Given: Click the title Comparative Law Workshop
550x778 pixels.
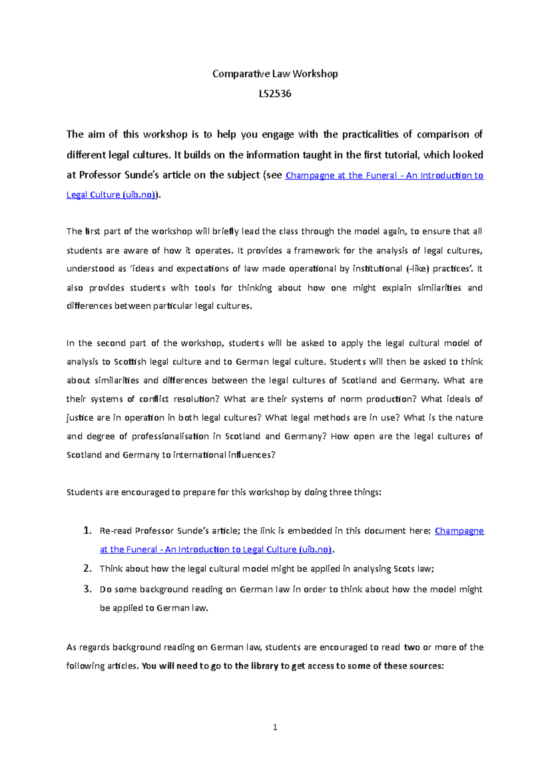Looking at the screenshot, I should click(x=275, y=74).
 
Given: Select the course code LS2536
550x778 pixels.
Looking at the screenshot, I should click(x=275, y=94).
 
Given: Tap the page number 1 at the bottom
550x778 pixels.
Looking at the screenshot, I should click(x=275, y=727).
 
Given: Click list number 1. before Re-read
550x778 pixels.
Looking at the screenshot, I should click(x=88, y=531).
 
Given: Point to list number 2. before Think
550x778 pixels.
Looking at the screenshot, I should click(x=88, y=569).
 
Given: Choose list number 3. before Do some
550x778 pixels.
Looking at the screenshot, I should click(x=88, y=589).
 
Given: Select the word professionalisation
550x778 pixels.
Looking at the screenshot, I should click(x=170, y=436).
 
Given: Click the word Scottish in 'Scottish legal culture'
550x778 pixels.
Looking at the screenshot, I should click(x=130, y=362).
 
